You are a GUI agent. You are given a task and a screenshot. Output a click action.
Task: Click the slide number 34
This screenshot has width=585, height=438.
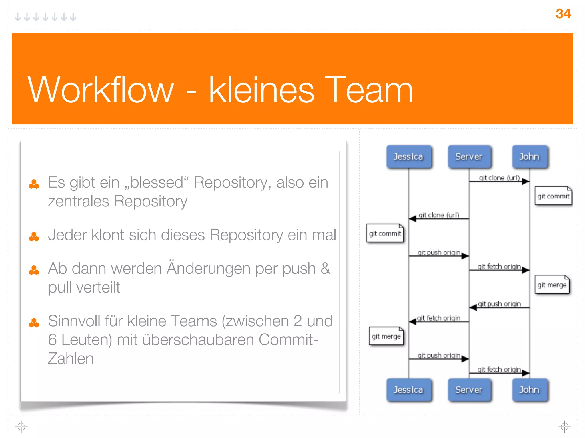563,14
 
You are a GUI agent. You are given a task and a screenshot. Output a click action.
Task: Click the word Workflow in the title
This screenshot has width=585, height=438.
101,90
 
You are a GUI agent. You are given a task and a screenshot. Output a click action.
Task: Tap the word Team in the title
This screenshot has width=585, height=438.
369,90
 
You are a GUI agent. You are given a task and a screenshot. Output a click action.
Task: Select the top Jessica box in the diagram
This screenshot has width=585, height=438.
408,157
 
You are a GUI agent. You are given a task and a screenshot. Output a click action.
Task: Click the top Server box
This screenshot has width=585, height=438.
469,157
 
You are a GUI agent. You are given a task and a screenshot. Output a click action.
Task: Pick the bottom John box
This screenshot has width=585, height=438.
530,390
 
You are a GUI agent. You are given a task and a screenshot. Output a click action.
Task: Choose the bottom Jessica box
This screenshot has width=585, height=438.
408,390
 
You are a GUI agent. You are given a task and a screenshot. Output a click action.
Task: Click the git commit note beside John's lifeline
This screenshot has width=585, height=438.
553,196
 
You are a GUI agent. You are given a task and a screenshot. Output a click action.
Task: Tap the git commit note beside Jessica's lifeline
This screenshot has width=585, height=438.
385,234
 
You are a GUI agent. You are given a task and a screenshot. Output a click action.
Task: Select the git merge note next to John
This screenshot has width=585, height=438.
552,285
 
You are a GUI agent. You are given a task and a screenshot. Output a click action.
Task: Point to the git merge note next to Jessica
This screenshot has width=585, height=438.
386,336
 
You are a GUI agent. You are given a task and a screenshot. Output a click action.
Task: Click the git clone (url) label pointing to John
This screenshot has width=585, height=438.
499,178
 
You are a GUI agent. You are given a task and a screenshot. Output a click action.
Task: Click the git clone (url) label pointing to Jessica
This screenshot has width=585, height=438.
439,215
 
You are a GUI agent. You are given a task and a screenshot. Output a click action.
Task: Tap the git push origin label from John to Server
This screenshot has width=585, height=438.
499,304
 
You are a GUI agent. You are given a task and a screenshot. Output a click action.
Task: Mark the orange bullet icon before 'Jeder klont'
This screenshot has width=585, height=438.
34,236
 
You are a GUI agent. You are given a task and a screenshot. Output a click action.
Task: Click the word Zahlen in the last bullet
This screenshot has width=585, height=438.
71,359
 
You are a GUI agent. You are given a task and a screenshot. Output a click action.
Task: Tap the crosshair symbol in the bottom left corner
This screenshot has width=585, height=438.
21,427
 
